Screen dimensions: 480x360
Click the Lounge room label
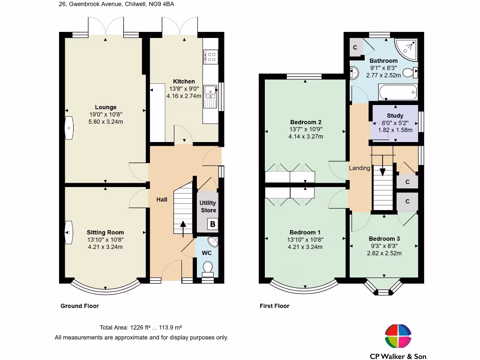tap(105, 107)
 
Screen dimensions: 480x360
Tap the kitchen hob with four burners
tap(211, 57)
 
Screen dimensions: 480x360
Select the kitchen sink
tap(210, 97)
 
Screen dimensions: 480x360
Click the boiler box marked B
tap(212, 224)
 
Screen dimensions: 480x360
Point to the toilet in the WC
tap(208, 267)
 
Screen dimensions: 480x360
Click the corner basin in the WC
tap(213, 241)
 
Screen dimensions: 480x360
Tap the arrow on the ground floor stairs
tap(183, 229)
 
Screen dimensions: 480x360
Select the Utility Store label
tap(208, 207)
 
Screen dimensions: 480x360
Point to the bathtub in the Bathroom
tap(398, 91)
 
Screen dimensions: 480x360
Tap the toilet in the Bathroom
tap(410, 73)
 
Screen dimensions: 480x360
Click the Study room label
tap(395, 116)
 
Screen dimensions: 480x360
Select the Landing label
tap(360, 168)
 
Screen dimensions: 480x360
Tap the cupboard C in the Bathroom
tap(355, 47)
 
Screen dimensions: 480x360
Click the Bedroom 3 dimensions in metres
tap(384, 253)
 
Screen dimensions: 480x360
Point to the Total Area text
tap(141, 328)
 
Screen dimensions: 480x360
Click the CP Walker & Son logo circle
tap(398, 336)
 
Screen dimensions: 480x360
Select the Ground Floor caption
tap(80, 306)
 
